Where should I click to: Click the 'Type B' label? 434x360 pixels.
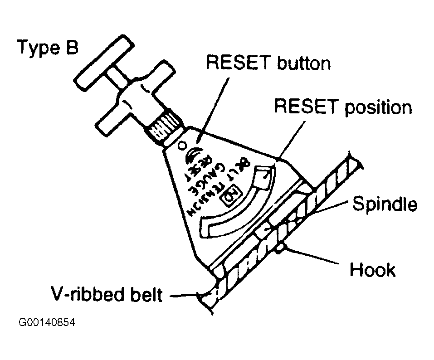point(48,47)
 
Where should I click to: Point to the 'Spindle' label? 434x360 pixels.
point(385,204)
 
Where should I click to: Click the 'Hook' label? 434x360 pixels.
point(372,270)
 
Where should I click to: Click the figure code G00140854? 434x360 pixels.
point(47,324)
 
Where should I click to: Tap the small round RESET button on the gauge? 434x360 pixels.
point(183,145)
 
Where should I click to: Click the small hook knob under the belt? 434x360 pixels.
point(282,248)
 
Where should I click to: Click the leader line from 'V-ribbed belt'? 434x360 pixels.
point(184,296)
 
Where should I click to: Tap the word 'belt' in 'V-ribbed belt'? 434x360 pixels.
point(146,295)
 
